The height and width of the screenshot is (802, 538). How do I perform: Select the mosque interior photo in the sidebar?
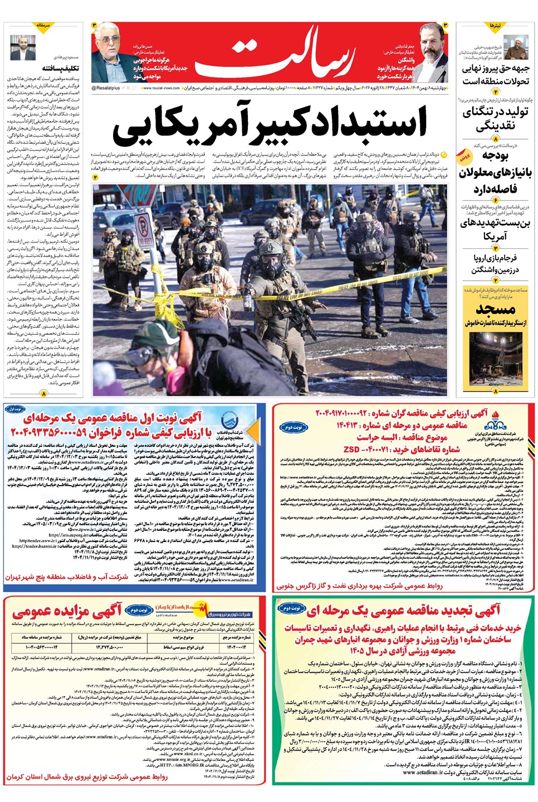[x=494, y=359]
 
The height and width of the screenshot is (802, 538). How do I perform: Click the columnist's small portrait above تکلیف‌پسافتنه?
[x=22, y=47]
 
